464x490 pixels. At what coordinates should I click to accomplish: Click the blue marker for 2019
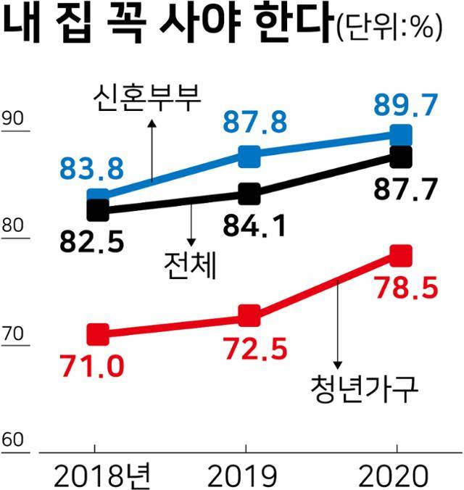(249, 155)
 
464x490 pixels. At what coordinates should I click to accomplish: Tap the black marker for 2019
(249, 194)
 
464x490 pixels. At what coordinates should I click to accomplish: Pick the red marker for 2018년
(98, 334)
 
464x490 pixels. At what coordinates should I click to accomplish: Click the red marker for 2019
(249, 316)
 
